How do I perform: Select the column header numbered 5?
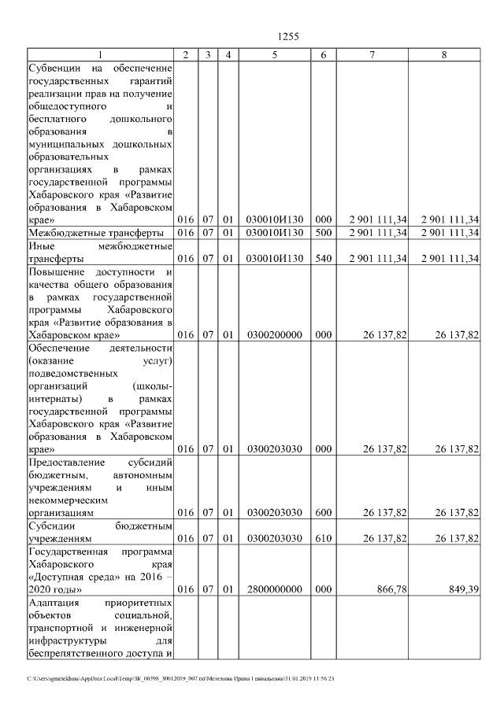click(274, 55)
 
